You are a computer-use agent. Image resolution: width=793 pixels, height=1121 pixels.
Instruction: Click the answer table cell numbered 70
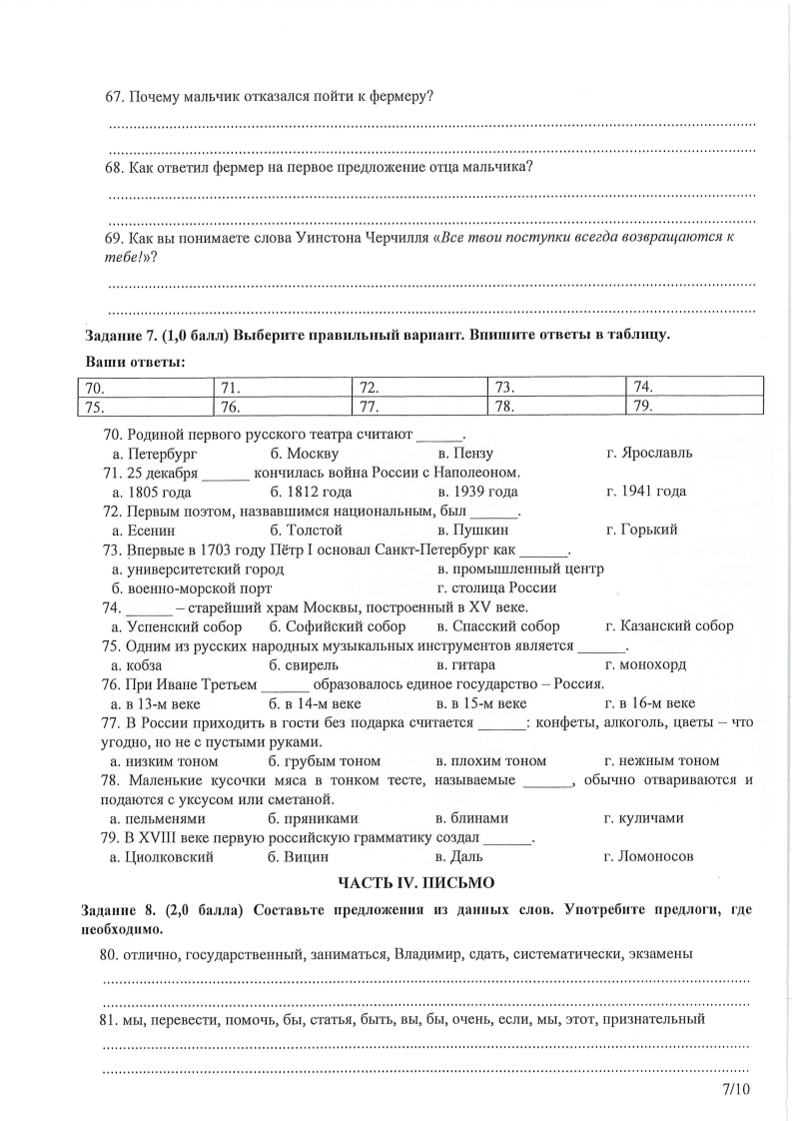pos(146,387)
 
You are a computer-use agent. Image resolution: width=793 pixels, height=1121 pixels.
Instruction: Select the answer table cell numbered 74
pos(695,386)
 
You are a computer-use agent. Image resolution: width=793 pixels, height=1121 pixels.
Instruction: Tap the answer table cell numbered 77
pos(420,406)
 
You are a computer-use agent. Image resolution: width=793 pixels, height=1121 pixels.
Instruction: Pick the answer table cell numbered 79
pos(695,405)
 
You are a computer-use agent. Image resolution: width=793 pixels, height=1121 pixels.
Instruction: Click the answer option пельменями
pos(165,817)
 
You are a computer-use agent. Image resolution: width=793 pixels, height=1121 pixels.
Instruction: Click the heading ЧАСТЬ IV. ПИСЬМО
pos(415,882)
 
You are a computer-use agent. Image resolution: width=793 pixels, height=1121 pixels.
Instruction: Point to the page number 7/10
pos(734,1088)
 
